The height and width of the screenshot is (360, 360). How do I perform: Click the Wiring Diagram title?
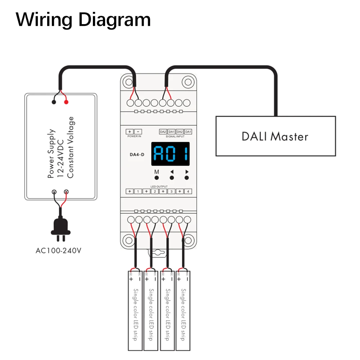(83, 20)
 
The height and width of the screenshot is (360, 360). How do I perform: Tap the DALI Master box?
(275, 136)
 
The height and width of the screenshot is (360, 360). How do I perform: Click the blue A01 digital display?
(170, 154)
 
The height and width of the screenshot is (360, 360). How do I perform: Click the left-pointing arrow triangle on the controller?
(172, 172)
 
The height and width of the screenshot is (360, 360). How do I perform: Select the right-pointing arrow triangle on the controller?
(187, 172)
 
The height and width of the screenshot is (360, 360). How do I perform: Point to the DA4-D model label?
(137, 154)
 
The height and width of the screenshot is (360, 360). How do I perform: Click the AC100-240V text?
(59, 251)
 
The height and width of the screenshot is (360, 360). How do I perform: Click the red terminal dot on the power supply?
(66, 102)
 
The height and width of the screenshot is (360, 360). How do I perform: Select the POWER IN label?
(134, 136)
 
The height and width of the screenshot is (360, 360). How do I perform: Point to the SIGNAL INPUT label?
(175, 136)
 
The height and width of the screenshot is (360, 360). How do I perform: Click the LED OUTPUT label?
(159, 186)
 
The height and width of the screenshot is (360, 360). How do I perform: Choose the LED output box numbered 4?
(188, 191)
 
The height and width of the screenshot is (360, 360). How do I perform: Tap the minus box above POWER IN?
(138, 131)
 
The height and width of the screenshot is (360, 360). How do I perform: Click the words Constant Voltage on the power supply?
(70, 147)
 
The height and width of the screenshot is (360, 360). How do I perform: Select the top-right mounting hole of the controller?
(188, 82)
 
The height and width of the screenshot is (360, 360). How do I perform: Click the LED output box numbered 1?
(138, 191)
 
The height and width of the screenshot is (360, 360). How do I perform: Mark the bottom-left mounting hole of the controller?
(129, 240)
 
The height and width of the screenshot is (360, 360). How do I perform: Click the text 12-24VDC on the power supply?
(60, 159)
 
